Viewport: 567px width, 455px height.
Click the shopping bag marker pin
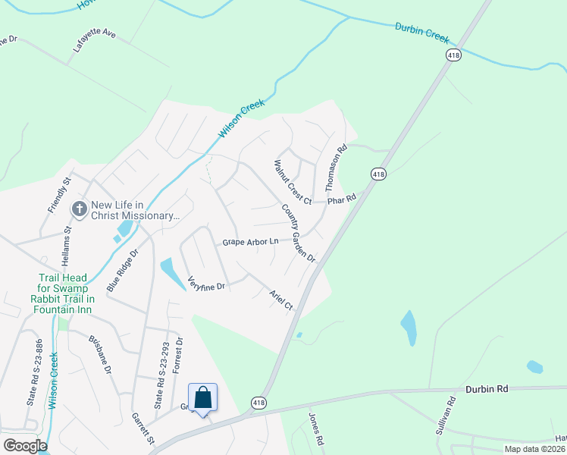[x=202, y=398]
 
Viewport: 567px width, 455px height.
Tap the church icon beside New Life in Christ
[x=78, y=209]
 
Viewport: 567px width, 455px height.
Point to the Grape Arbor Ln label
[x=251, y=242]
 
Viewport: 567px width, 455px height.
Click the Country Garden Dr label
[x=298, y=233]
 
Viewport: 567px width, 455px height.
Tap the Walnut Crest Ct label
[x=293, y=182]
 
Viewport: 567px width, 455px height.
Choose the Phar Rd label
[x=341, y=200]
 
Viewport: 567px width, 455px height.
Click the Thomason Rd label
[x=335, y=168]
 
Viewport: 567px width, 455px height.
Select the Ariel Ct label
[x=281, y=299]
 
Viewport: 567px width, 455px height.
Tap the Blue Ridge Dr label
[x=123, y=270]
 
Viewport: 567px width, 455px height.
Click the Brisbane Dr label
[x=100, y=356]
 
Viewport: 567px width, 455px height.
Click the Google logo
[x=24, y=445]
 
